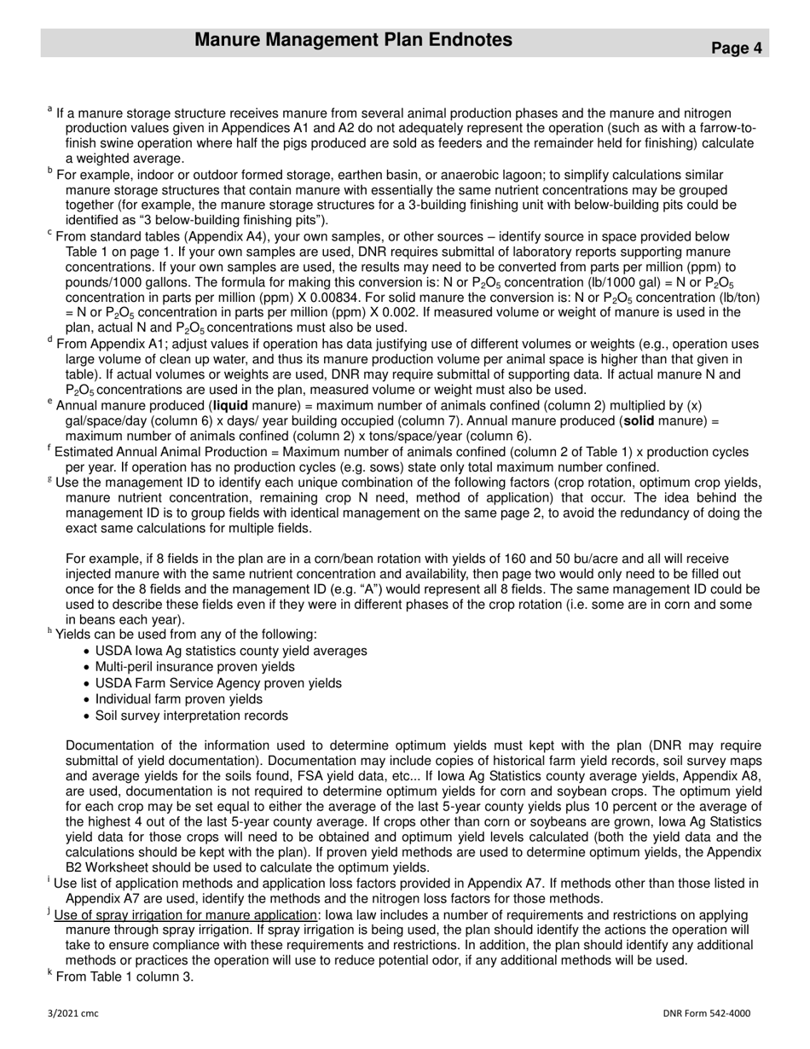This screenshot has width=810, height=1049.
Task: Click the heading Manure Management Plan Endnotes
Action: [353, 40]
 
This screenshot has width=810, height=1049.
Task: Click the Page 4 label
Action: [737, 49]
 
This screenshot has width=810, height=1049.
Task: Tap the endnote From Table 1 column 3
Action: [124, 977]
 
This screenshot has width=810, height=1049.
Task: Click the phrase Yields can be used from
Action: [132, 635]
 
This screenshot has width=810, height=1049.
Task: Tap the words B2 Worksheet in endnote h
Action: [107, 867]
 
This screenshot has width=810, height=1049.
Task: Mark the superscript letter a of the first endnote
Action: [50, 109]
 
